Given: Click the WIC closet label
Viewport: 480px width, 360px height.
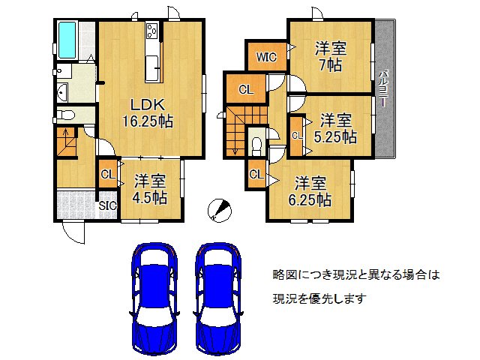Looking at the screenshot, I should pyautogui.click(x=266, y=56).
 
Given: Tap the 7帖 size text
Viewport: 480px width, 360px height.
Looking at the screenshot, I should pyautogui.click(x=330, y=64).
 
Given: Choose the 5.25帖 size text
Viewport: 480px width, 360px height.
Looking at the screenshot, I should pyautogui.click(x=335, y=136).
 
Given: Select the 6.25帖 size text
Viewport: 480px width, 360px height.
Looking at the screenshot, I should pyautogui.click(x=312, y=199).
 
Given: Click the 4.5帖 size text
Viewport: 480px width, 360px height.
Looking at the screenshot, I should pyautogui.click(x=150, y=198).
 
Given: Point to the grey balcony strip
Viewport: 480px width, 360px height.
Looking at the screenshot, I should pyautogui.click(x=383, y=89).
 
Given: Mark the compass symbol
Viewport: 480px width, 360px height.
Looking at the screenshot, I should pyautogui.click(x=217, y=209).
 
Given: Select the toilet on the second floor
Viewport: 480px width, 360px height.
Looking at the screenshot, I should pyautogui.click(x=257, y=142).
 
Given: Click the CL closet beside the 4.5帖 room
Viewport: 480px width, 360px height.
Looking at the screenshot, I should pyautogui.click(x=106, y=175).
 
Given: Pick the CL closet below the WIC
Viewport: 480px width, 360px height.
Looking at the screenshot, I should pyautogui.click(x=245, y=90).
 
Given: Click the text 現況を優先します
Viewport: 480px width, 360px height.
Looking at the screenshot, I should pyautogui.click(x=319, y=298).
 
